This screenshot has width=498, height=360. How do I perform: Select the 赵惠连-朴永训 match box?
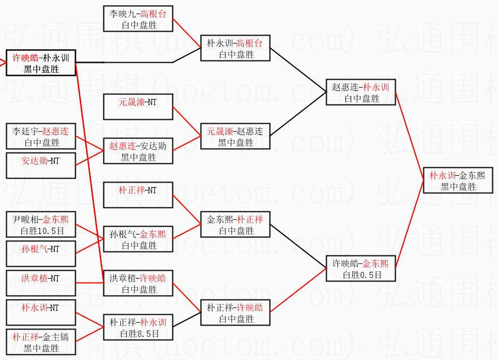pos(361,93)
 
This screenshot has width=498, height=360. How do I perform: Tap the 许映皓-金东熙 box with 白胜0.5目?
pos(361,269)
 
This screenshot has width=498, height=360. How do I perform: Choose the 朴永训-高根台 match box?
pos(235,49)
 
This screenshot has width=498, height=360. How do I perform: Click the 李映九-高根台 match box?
pos(138,19)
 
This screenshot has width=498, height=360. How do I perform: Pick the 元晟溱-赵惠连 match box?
pos(235,137)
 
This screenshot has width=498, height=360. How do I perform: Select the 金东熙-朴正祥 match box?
pos(235,225)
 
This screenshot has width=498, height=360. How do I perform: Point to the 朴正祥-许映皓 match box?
pos(235,313)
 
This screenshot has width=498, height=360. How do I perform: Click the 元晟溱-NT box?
pos(138,107)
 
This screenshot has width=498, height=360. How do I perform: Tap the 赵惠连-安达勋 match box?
pos(138,151)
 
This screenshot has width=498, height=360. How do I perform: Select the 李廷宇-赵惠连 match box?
pos(41,137)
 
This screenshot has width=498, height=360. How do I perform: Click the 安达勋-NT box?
pos(41,166)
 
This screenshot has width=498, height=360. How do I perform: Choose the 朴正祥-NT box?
pos(138,195)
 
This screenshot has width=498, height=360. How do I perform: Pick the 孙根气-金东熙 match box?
pos(138,240)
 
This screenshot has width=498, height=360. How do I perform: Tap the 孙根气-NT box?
pos(41,254)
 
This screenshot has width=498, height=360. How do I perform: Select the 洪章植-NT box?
pos(41,283)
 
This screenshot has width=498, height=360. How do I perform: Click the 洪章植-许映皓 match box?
pos(138,284)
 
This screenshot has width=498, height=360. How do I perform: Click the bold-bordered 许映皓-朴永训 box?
pos(41,63)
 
